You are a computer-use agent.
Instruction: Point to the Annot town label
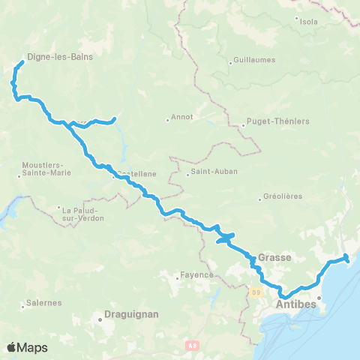click(x=182, y=116)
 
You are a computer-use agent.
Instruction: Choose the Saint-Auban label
click(x=214, y=171)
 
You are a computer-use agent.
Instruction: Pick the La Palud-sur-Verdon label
click(x=82, y=213)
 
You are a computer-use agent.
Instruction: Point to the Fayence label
click(x=197, y=274)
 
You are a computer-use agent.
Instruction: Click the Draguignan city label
click(x=131, y=316)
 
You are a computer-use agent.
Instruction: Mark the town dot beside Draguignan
click(x=99, y=319)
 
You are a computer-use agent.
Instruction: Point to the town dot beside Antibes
click(x=319, y=298)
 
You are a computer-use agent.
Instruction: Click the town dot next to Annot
click(x=167, y=118)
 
